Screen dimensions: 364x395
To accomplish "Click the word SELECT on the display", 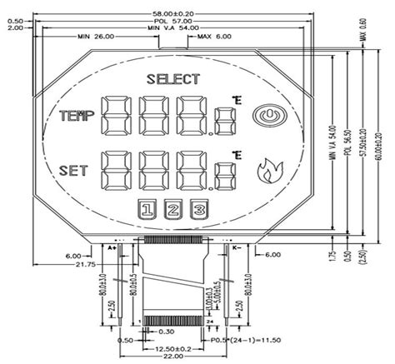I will pos(173,80).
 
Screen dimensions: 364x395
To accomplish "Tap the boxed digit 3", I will pos(198,210).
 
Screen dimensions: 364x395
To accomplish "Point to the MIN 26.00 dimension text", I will pos(95,37).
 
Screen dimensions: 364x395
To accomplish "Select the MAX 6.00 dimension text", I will pos(216,37).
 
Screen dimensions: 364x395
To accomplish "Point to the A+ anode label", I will pos(111,247).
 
